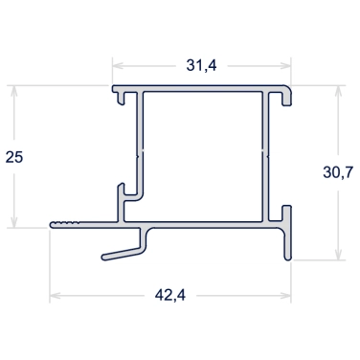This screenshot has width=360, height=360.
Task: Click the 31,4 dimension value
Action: [x=201, y=65]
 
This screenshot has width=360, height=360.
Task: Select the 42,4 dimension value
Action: [x=170, y=295]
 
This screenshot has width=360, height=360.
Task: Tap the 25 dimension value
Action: [x=14, y=157]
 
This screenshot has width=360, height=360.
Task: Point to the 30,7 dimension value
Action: [x=338, y=172]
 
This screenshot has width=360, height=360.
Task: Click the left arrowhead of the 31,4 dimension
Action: [x=118, y=66]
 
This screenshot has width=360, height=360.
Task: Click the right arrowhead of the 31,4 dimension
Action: [x=285, y=66]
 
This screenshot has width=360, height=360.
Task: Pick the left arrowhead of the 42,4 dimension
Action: [x=56, y=296]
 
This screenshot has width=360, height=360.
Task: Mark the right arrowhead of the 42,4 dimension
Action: [x=285, y=296]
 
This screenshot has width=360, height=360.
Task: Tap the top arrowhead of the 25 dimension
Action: [x=13, y=92]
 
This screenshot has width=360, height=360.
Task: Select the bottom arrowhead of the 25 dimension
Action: [x=13, y=222]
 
